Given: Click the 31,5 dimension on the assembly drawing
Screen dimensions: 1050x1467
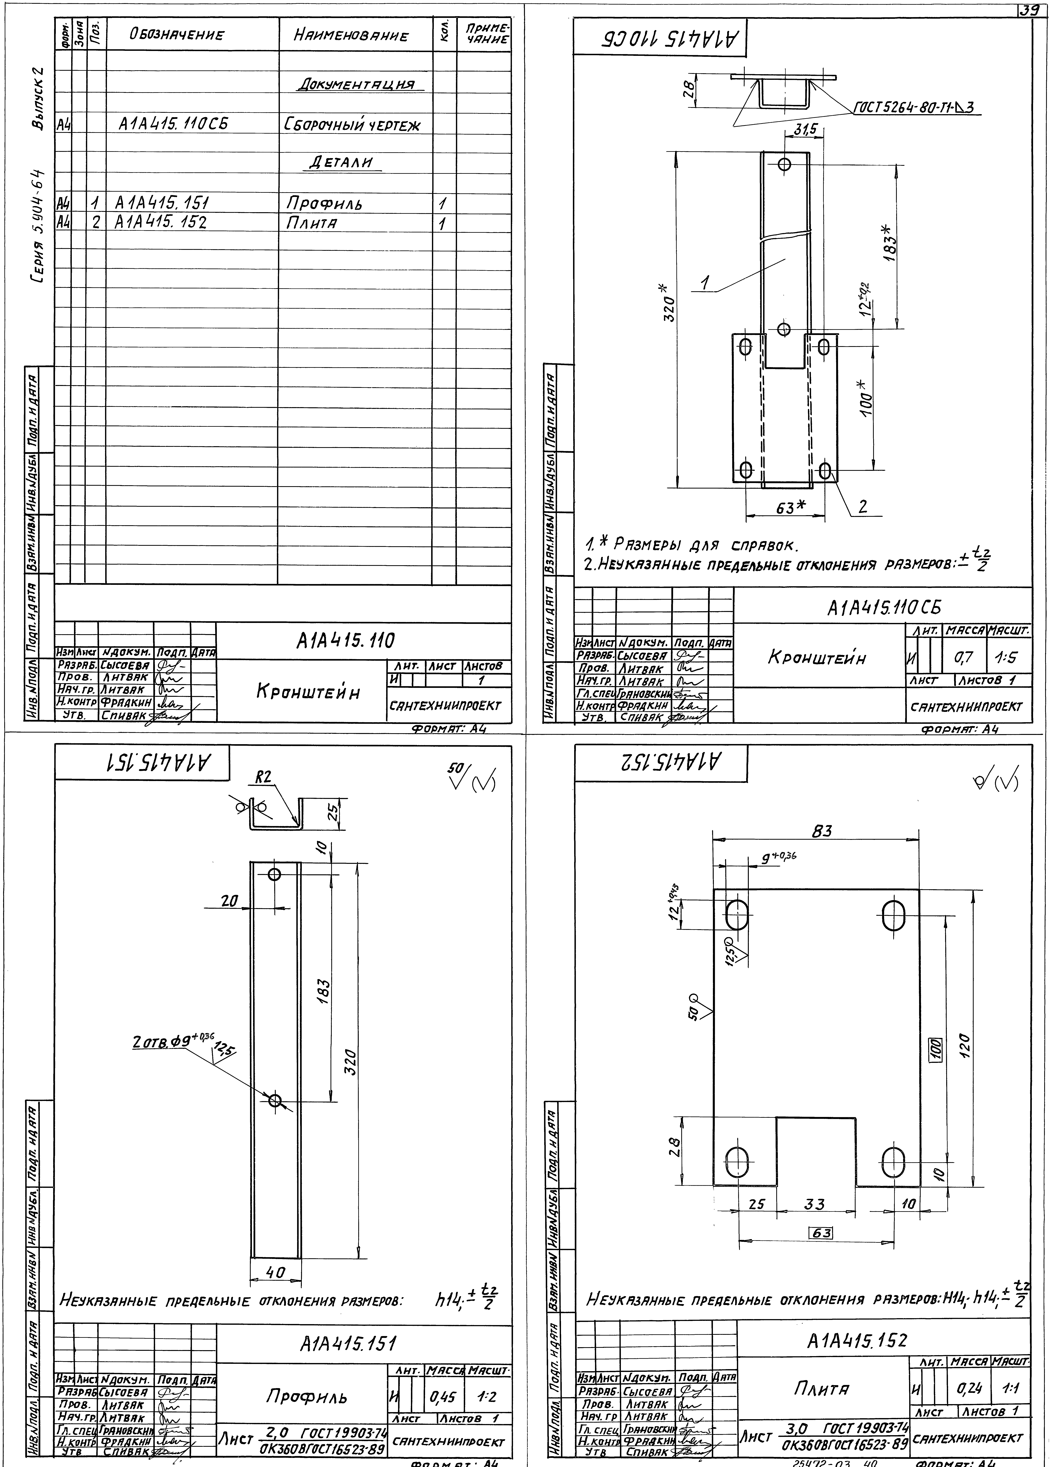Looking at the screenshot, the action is (804, 130).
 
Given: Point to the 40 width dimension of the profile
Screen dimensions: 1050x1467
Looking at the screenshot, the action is (275, 1272).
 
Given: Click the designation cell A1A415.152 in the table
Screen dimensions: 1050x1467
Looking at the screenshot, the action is (160, 223).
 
